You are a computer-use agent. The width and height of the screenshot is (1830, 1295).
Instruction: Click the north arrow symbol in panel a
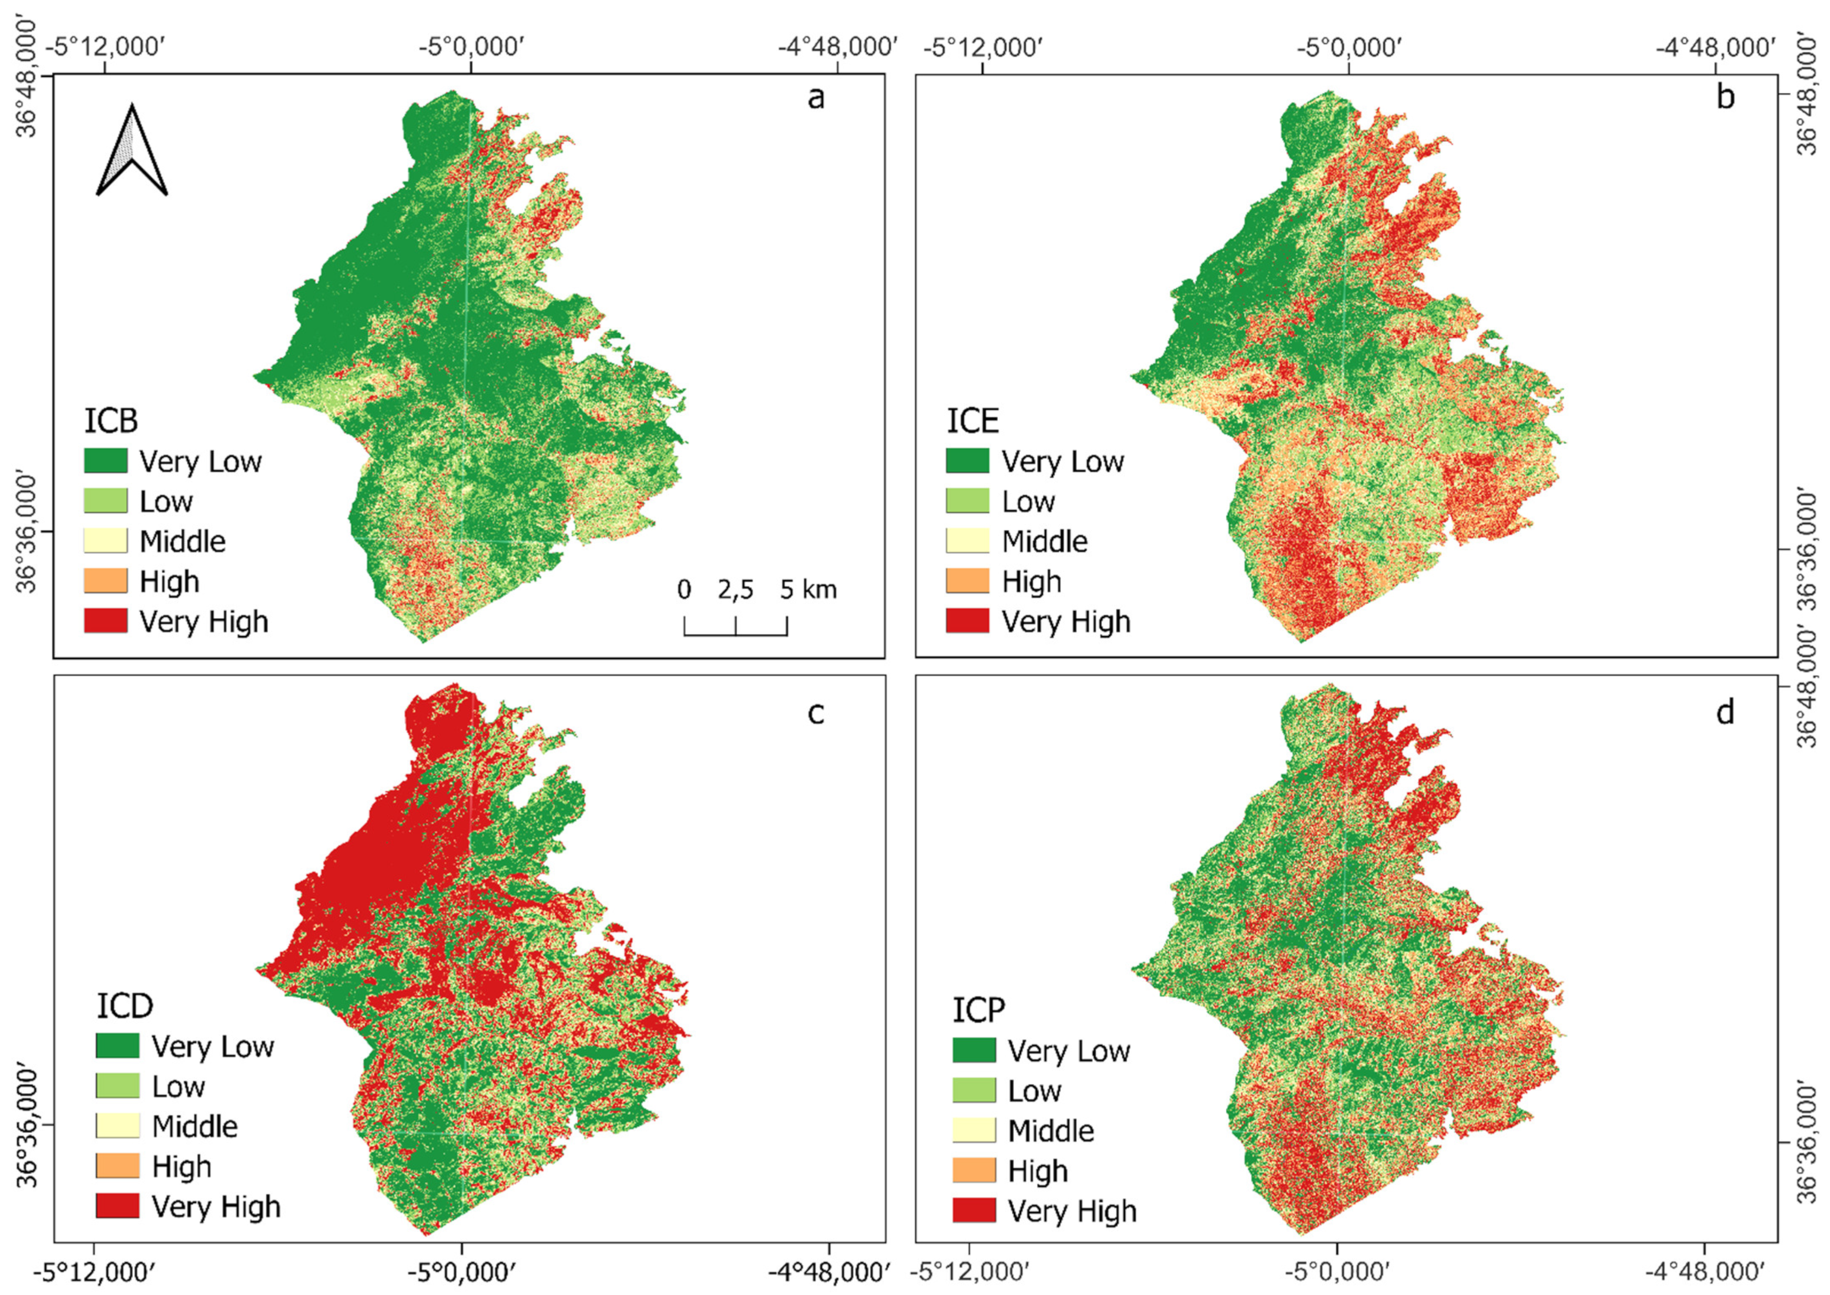point(131,151)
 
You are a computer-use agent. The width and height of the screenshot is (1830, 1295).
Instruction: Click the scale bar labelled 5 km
point(735,626)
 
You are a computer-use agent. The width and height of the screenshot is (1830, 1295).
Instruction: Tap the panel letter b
point(1725,97)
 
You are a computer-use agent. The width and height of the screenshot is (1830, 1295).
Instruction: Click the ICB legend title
point(111,420)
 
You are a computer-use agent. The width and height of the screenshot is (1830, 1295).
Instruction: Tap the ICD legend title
point(124,1007)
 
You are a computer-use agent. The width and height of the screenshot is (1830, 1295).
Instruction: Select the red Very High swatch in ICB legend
point(105,620)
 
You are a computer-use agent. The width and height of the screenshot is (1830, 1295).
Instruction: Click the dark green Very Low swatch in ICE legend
point(967,461)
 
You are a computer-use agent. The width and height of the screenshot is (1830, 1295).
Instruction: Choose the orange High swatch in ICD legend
point(117,1166)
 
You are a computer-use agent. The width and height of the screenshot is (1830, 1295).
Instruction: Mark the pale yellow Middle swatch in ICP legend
point(973,1130)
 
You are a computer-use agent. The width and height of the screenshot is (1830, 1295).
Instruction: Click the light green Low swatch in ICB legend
point(105,501)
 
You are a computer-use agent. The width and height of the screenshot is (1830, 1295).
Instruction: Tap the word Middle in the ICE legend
point(1045,541)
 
